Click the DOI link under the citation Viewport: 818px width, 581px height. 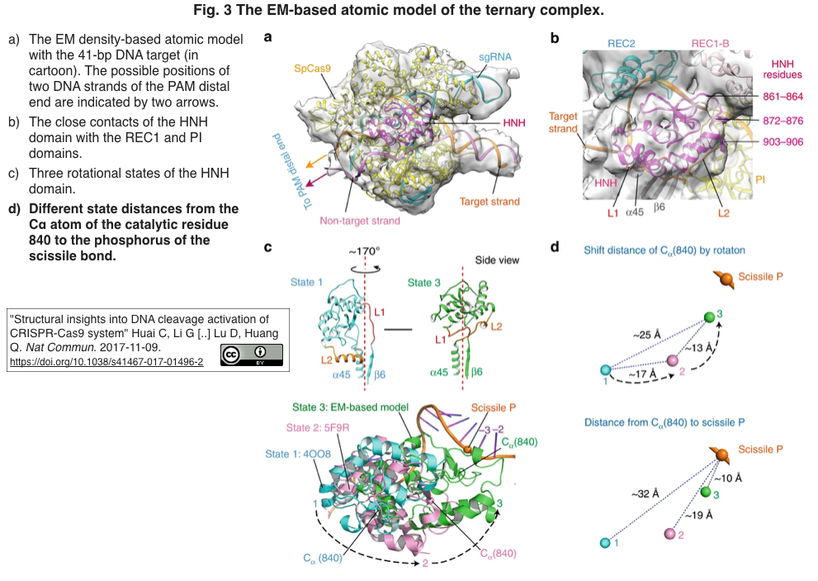[106, 361]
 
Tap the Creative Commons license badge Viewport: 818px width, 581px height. [252, 355]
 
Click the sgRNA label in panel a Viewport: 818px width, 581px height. [495, 57]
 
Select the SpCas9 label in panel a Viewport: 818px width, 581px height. [312, 69]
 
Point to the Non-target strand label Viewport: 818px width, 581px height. [360, 221]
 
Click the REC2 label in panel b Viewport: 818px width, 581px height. [622, 43]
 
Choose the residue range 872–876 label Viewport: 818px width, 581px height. [783, 121]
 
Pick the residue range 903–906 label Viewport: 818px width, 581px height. [783, 141]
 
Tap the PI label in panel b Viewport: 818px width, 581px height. [760, 179]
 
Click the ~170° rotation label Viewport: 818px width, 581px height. [365, 251]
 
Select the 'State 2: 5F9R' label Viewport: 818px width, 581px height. [318, 428]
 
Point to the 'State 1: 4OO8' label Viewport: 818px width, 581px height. [298, 454]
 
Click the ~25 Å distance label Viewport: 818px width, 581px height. [647, 335]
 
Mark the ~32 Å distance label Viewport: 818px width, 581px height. [645, 493]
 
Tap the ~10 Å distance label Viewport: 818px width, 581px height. [728, 478]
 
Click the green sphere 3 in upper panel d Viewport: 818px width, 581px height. [709, 317]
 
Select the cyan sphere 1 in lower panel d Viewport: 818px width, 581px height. [605, 543]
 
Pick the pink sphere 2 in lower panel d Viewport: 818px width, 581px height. [670, 533]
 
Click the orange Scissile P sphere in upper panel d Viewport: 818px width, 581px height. [726, 279]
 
